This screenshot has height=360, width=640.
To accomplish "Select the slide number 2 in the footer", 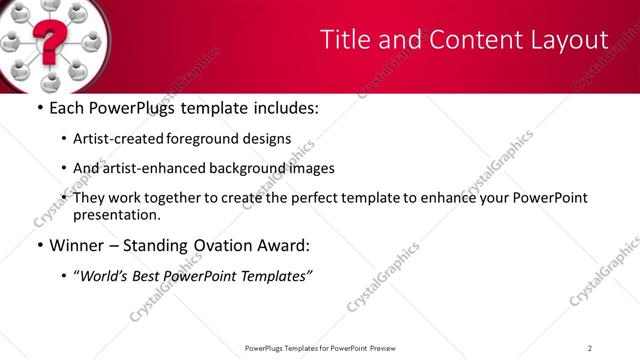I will (x=590, y=348).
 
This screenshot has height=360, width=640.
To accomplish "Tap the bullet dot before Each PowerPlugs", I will (x=39, y=108).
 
